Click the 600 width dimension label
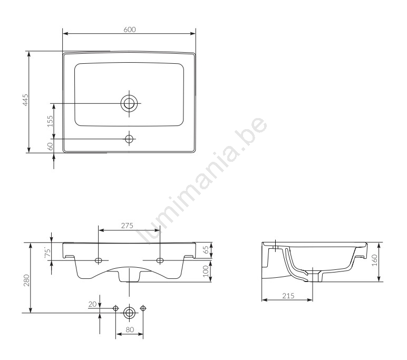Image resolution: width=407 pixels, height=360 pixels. click(x=130, y=30)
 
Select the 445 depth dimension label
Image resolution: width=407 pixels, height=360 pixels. click(x=25, y=100)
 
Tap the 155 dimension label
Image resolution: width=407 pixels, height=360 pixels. click(x=50, y=121)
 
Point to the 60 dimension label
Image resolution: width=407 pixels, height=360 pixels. click(x=50, y=146)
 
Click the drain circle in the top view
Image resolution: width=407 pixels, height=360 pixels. click(x=129, y=103)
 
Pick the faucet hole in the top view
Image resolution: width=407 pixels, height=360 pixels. click(x=129, y=139)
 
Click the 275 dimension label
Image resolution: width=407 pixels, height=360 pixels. click(x=127, y=226)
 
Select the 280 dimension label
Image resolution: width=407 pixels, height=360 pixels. click(x=26, y=280)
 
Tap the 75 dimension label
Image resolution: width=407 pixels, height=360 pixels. click(x=47, y=253)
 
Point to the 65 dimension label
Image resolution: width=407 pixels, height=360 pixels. click(x=206, y=250)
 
